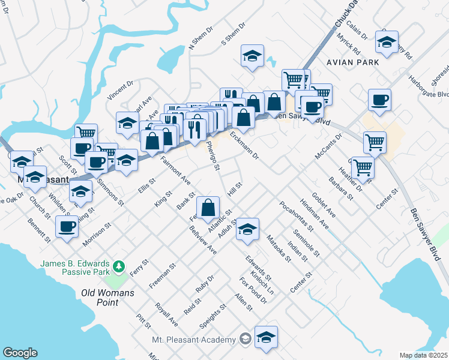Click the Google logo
click(x=20, y=353)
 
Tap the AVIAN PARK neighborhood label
click(x=352, y=62)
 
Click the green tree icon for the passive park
click(x=119, y=265)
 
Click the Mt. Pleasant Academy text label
click(x=193, y=340)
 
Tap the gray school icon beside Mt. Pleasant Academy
click(x=245, y=340)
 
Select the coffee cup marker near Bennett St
click(x=67, y=227)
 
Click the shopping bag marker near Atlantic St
click(x=208, y=208)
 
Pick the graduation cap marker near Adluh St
click(x=247, y=229)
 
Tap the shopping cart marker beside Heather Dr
click(x=363, y=167)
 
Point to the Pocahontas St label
click(x=297, y=216)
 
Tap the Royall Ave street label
click(x=166, y=314)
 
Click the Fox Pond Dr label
click(x=252, y=290)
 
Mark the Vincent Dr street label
click(x=120, y=91)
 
